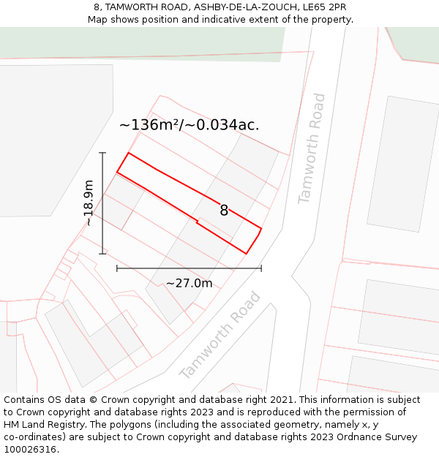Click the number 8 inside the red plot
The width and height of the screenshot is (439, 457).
click(224, 211)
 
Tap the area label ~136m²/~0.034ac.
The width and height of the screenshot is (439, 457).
click(189, 125)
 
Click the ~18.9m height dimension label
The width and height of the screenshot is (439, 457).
click(88, 203)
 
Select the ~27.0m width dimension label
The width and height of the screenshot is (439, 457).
click(189, 283)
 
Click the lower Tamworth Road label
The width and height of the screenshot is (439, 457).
click(220, 336)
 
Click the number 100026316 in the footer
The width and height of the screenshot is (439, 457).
click(29, 450)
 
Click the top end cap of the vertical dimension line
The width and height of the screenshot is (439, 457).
click(102, 153)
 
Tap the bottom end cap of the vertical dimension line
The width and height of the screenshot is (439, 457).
click(102, 254)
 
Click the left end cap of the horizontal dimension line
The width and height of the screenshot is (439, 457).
click(117, 268)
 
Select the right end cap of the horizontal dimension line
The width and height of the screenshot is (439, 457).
click(261, 268)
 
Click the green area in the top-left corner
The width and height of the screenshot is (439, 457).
click(110, 42)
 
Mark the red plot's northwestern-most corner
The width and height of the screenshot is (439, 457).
click(129, 153)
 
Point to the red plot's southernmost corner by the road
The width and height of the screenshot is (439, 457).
click(246, 254)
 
